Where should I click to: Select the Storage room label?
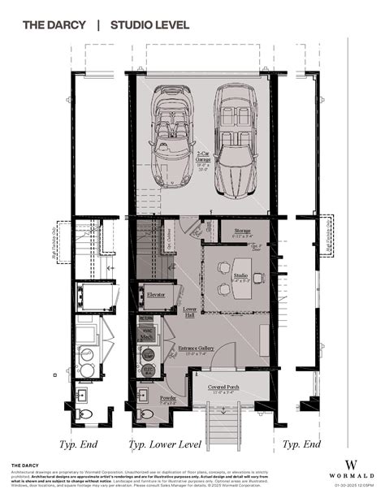coord(241,232)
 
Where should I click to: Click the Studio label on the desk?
coord(241,275)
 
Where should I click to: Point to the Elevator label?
coord(156,293)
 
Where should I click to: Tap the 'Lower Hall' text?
coord(190,311)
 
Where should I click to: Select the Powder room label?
coord(167,398)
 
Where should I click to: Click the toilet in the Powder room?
coord(147,414)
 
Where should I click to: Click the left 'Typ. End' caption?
coord(80,444)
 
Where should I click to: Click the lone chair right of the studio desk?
coord(258,278)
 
